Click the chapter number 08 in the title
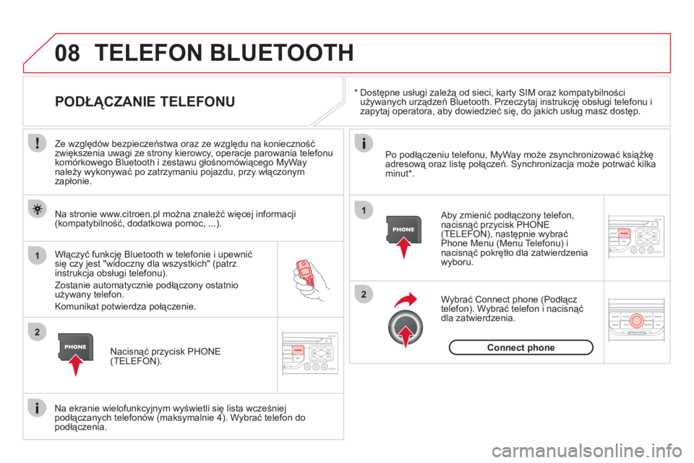tap(67, 53)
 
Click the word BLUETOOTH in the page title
tap(281, 53)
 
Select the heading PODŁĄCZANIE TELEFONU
tap(145, 101)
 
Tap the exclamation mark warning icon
tap(38, 143)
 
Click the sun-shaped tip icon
tap(38, 208)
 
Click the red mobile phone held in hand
tap(304, 272)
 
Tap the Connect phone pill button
tap(521, 347)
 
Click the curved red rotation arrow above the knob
tap(406, 300)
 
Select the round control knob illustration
tap(406, 327)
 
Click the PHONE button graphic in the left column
tap(76, 347)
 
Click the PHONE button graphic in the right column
tap(403, 229)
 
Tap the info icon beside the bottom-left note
tap(38, 407)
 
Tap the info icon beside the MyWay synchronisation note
tap(364, 143)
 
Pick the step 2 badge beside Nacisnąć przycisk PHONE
tap(38, 331)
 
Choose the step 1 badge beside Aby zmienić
tap(364, 210)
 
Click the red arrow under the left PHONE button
tap(76, 365)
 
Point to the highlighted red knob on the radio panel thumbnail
tap(636, 320)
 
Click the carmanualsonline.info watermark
tap(587, 451)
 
